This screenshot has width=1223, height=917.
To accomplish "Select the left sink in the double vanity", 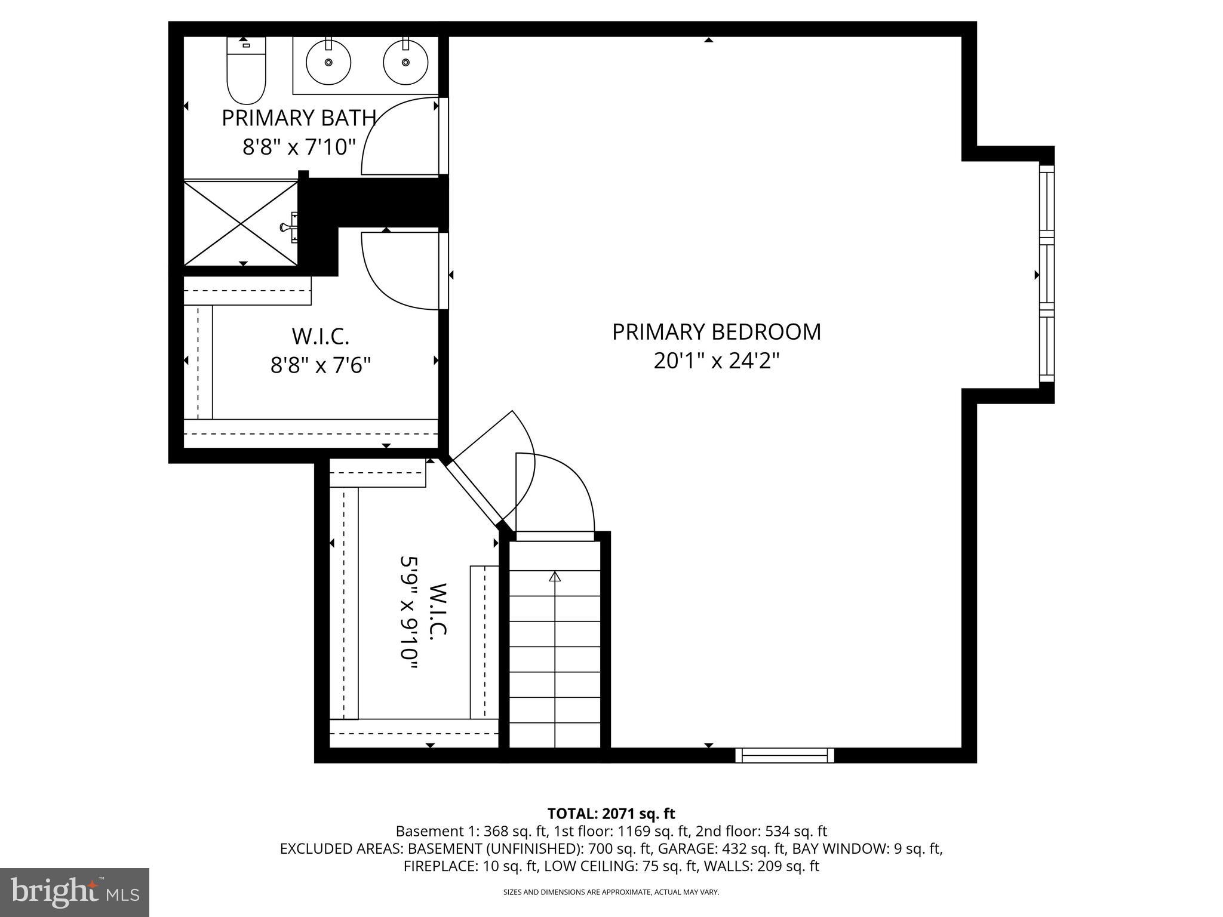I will [x=328, y=61].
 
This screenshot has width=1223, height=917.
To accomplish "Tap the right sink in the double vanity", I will [x=405, y=61].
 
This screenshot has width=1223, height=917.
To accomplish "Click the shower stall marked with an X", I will [x=240, y=223].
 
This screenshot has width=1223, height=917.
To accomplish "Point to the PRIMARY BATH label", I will [x=299, y=118].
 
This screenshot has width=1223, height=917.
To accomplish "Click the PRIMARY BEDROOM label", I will [x=716, y=332].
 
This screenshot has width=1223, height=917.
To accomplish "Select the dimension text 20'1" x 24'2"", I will [x=716, y=361].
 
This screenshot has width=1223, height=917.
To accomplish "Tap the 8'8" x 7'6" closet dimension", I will [x=321, y=365].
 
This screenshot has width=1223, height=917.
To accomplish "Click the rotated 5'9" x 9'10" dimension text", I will [x=408, y=617].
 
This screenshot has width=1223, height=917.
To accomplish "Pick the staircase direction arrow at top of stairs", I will [x=555, y=577].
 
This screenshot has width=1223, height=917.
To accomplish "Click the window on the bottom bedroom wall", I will [x=784, y=755].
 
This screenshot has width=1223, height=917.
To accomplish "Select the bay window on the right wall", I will [x=1046, y=275].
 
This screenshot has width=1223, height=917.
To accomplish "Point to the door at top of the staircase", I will [x=555, y=536].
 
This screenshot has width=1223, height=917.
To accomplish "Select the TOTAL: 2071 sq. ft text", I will [x=611, y=813].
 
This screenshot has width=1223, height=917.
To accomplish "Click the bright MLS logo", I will [x=75, y=892].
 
